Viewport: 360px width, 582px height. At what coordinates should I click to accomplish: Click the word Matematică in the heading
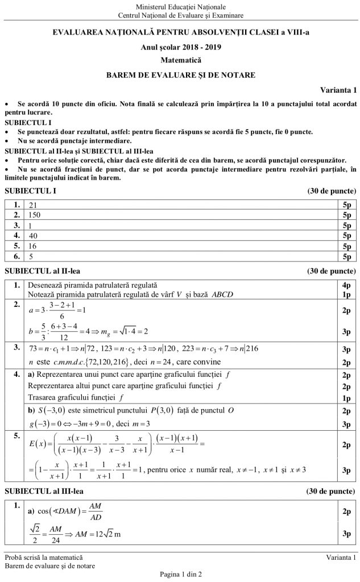pyautogui.click(x=180, y=60)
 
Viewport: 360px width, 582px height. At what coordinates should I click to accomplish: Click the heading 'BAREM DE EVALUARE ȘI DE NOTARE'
pyautogui.click(x=180, y=74)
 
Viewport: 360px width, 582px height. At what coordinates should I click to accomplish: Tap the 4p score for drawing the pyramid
pyautogui.click(x=347, y=284)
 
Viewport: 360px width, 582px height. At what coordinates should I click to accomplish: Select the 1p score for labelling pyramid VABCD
pyautogui.click(x=347, y=294)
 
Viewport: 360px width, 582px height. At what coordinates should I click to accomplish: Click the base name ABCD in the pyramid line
pyautogui.click(x=222, y=294)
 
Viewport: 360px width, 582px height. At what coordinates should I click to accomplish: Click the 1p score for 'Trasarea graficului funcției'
pyautogui.click(x=347, y=396)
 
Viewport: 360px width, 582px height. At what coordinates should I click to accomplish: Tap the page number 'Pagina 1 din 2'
pyautogui.click(x=180, y=575)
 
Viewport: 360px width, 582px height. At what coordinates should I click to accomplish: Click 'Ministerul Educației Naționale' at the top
pyautogui.click(x=180, y=5)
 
